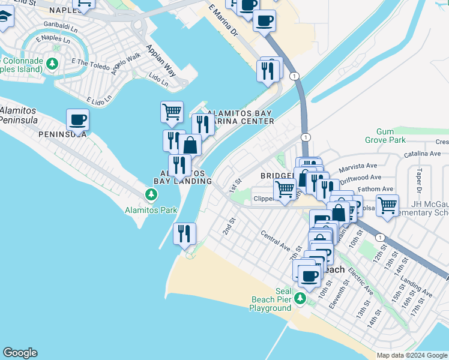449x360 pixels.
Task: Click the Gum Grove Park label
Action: point(393,136)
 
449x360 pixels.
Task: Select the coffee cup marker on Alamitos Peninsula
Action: point(77,120)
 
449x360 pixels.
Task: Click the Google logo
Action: point(20,353)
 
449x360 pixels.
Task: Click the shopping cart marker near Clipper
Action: point(285,190)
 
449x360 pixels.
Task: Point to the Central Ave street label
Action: point(275,239)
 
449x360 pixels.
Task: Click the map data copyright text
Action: point(411,355)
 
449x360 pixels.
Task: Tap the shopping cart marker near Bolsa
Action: point(387,206)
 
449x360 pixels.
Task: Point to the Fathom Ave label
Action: point(375,189)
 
